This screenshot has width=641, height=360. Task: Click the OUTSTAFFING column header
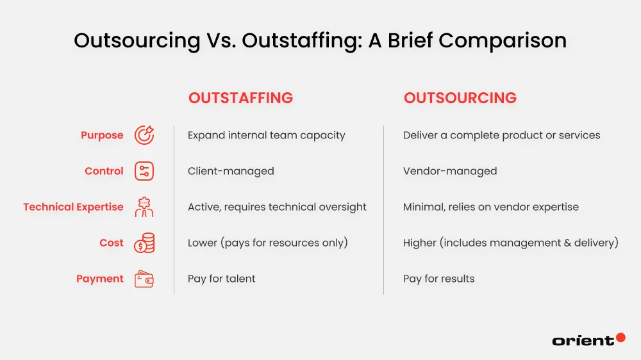tap(240, 98)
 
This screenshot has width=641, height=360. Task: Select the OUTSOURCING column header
tap(460, 98)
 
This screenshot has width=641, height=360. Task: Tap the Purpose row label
tap(102, 135)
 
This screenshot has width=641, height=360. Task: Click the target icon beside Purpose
tap(144, 135)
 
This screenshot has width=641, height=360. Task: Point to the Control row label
tap(104, 171)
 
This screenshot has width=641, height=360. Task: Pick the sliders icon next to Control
tap(144, 171)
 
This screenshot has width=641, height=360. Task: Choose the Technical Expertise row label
tap(73, 207)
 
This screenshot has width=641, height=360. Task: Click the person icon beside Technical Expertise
tap(144, 207)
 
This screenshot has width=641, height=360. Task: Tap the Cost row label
tap(112, 243)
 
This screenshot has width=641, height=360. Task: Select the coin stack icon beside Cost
tap(144, 243)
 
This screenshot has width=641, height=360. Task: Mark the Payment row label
tap(100, 279)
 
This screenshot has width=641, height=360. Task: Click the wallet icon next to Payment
tap(144, 279)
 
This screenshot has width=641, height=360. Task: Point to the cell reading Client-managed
tap(231, 171)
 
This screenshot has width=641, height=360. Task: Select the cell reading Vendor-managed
tap(450, 171)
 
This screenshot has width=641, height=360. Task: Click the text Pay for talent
tap(221, 279)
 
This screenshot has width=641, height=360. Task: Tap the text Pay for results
tap(438, 279)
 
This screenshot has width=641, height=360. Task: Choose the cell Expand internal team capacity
tap(266, 135)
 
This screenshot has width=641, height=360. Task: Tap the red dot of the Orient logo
tap(620, 337)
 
